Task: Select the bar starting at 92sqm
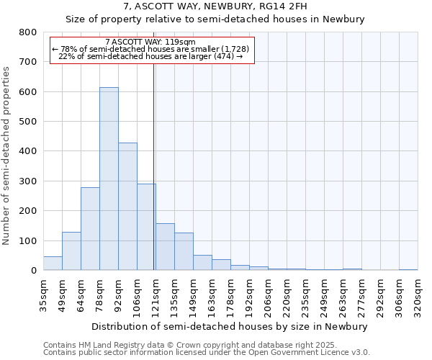[127, 207]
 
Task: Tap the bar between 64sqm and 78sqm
[90, 229]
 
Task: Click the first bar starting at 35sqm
[53, 264]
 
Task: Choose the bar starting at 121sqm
[165, 247]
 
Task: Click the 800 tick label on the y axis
[28, 32]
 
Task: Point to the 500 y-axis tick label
[28, 122]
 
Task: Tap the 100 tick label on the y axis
[28, 240]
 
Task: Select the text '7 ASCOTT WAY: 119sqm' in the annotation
[150, 42]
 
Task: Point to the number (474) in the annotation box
[224, 55]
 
